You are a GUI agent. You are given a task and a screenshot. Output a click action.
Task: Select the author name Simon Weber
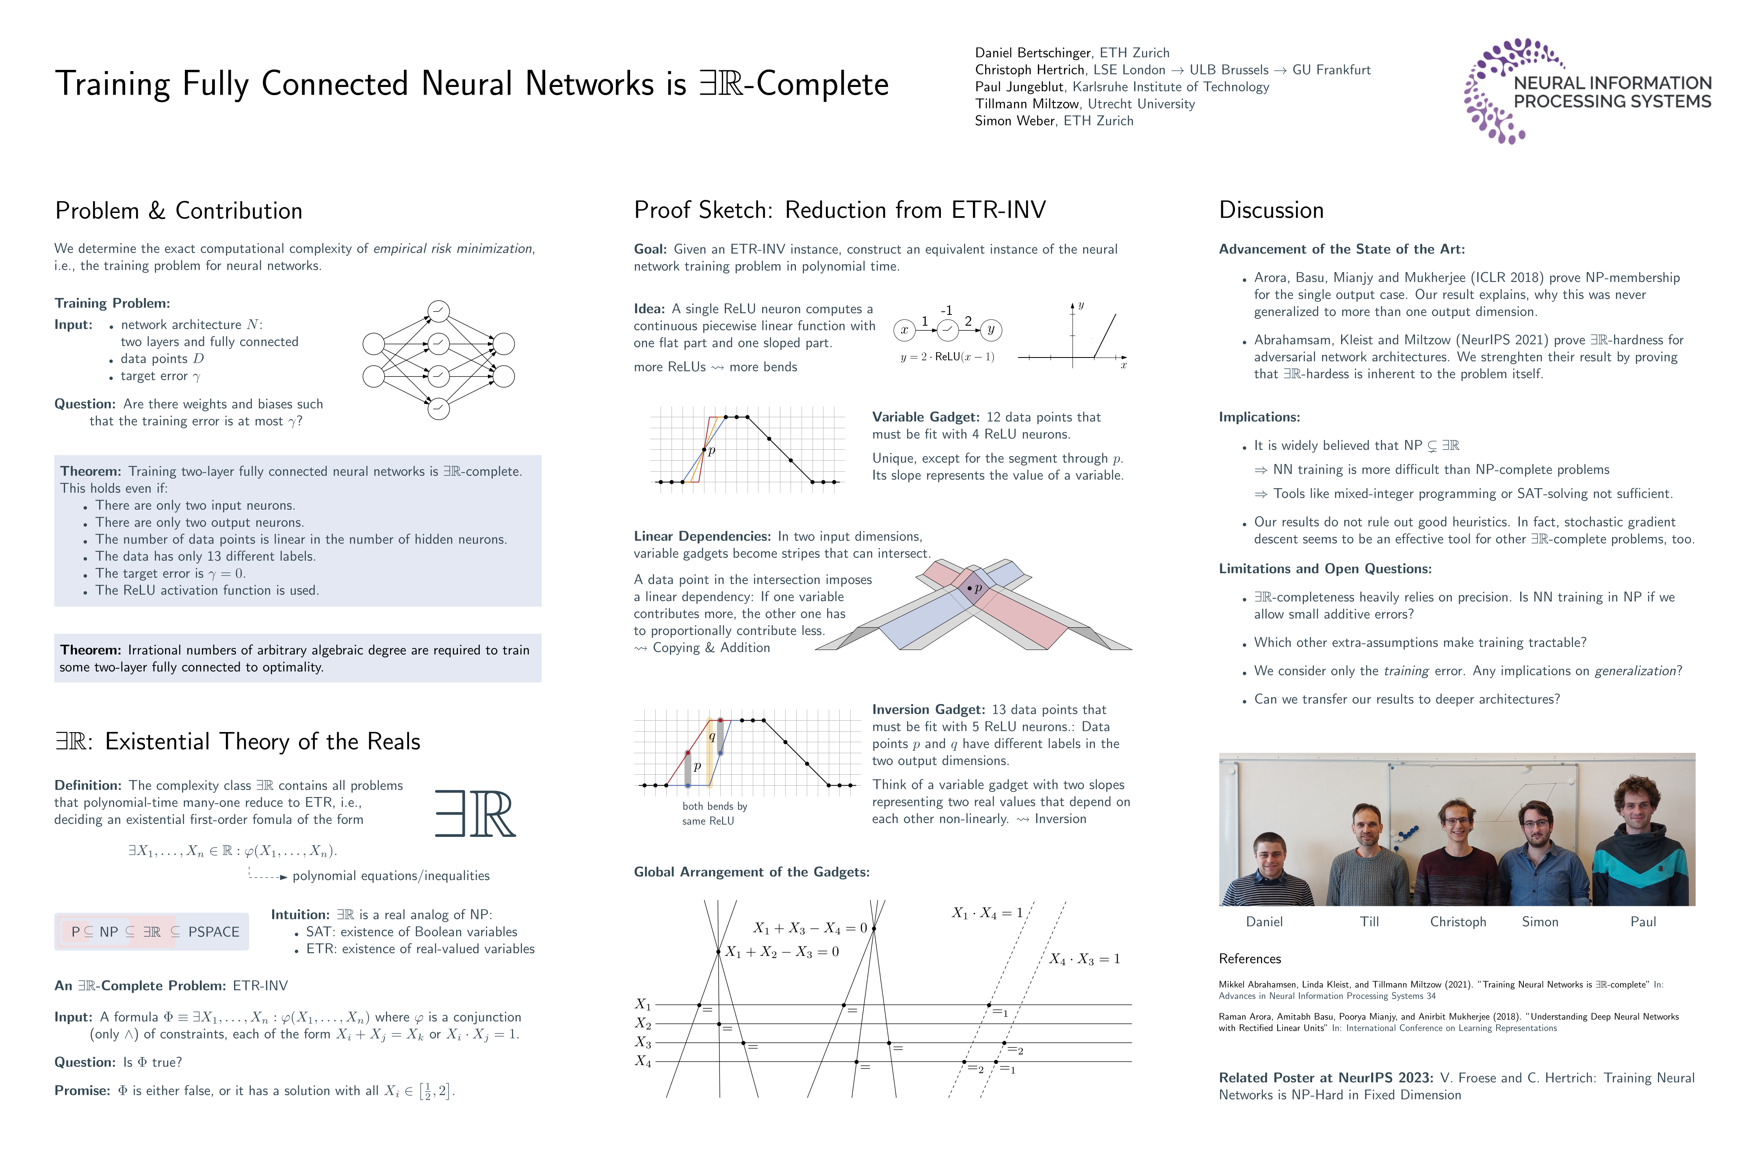1015,121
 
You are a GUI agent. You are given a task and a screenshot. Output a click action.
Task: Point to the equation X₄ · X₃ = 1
1084,959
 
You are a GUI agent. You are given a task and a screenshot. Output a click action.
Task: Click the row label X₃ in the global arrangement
643,1042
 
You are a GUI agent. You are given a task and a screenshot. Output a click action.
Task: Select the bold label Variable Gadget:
925,417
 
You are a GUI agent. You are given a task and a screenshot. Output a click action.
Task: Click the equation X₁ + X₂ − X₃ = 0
782,952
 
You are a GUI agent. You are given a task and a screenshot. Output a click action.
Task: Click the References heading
1250,959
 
